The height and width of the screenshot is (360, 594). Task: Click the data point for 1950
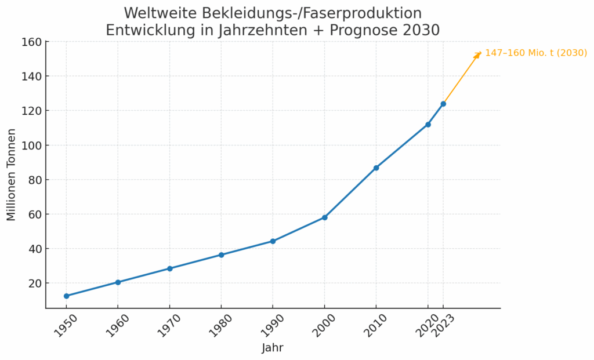coord(66,296)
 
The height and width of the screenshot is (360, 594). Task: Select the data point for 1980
coord(221,255)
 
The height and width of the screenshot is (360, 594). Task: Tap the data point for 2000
coord(325,217)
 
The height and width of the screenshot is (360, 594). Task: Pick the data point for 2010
coord(376,168)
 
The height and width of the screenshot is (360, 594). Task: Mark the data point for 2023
coord(443,104)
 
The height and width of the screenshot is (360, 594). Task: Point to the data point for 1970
coord(169,268)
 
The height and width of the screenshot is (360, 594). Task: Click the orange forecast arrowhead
coord(479,54)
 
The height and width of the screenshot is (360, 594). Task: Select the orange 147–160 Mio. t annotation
coord(536,53)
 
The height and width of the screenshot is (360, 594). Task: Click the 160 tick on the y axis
coord(31,42)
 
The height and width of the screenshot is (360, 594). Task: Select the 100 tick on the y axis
coord(31,145)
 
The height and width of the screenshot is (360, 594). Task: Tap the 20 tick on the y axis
coord(34,283)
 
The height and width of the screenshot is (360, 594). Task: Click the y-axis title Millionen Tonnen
coord(12,175)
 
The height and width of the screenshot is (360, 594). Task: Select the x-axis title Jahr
coord(273,348)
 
